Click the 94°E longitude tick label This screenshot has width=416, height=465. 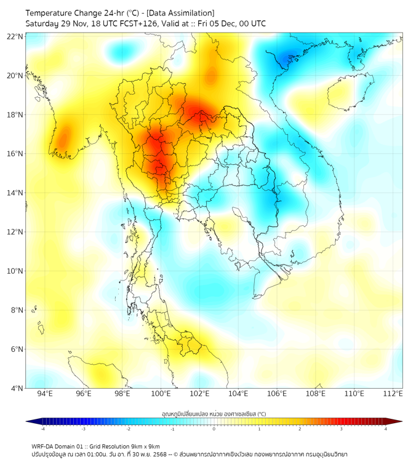45,394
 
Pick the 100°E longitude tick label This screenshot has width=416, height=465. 161,394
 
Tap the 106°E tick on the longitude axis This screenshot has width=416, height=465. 277,394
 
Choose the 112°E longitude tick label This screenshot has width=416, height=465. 393,394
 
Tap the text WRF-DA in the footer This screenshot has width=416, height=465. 44,446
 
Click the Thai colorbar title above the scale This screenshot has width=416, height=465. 214,414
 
